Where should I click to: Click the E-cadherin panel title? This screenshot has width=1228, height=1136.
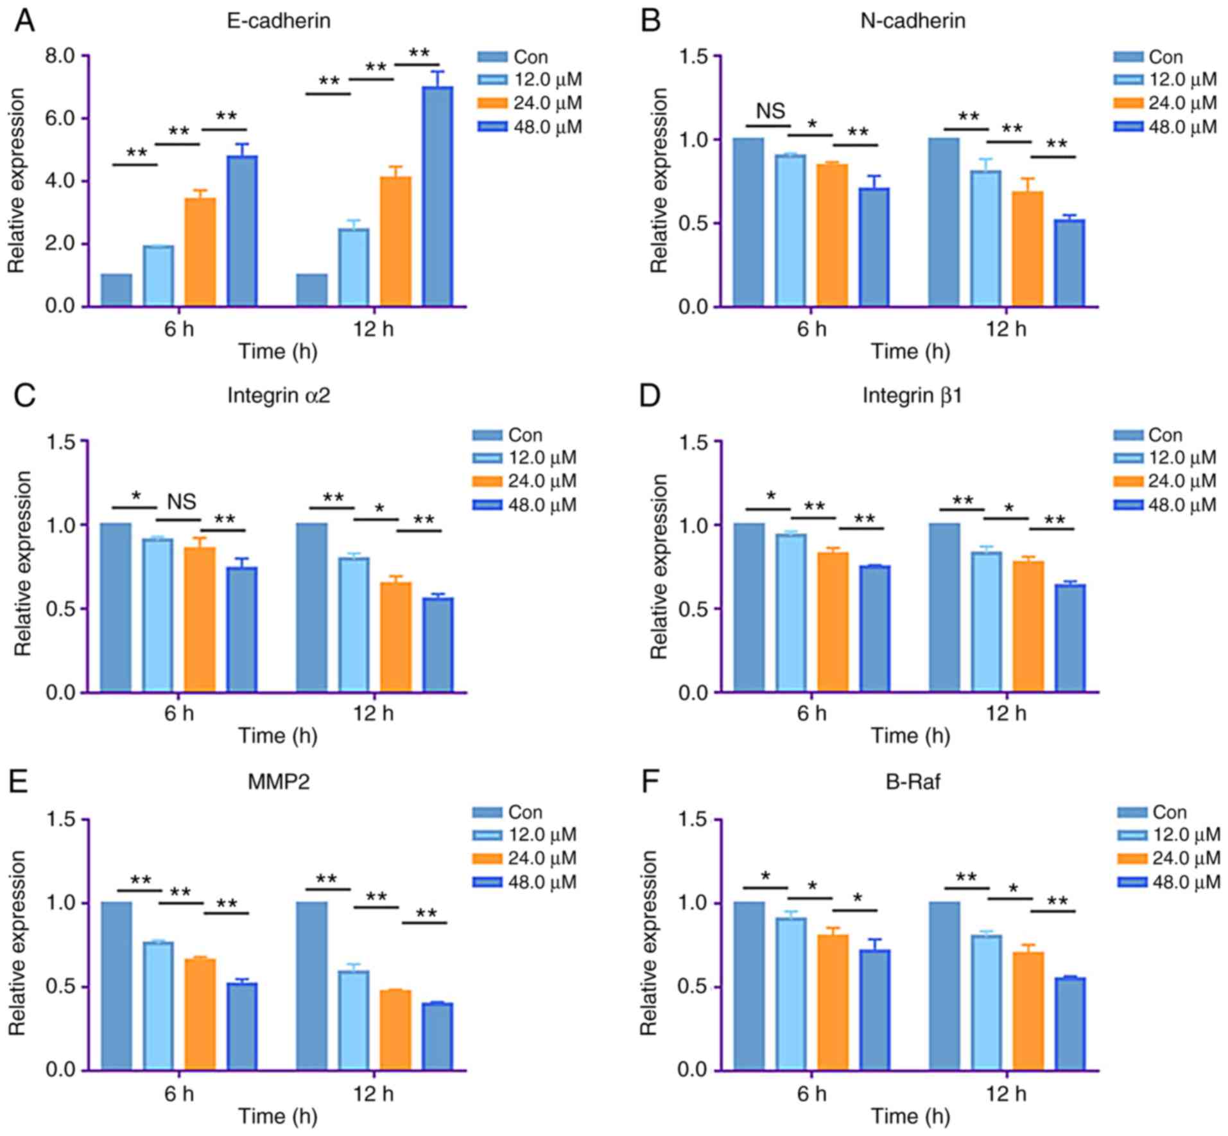coord(279,21)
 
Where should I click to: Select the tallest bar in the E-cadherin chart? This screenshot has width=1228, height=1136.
coord(437,197)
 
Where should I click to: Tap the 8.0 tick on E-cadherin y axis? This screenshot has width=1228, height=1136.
coord(59,56)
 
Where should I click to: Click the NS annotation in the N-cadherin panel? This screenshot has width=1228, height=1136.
coord(770,111)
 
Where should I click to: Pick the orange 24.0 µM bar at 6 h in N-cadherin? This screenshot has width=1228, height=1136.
coord(833,235)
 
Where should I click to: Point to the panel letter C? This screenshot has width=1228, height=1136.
coord(24,396)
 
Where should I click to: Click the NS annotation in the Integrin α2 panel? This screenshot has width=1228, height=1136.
coord(182,501)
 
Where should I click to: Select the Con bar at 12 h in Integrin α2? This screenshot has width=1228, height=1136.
coord(312,607)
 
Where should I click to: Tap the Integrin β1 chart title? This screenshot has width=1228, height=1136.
coord(912,396)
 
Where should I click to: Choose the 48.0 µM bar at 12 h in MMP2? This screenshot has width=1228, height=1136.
coord(437,1036)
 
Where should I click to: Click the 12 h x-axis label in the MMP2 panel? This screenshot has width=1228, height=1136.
coord(373,1093)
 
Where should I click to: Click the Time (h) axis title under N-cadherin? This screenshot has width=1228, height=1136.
coord(910,352)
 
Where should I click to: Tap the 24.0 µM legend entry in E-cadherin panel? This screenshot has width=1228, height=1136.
coord(530,103)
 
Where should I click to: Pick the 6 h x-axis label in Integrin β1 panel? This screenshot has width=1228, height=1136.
coord(811,713)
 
